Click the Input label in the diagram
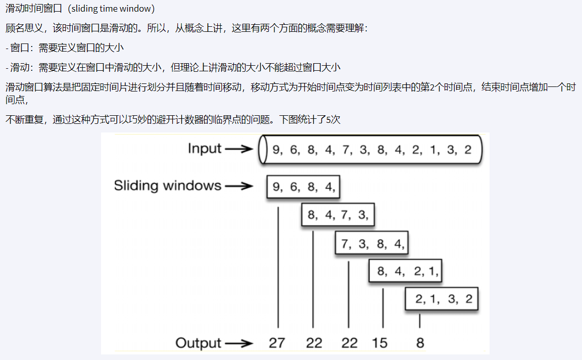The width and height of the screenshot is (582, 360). [x=205, y=148]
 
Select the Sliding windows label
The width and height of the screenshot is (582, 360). [x=167, y=186]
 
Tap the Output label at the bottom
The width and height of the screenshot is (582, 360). [x=198, y=343]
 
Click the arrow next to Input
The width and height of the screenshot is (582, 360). [x=238, y=149]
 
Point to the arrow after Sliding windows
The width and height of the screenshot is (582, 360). [x=238, y=186]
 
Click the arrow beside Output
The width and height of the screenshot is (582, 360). [x=238, y=343]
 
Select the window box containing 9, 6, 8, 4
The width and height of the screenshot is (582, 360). [x=303, y=187]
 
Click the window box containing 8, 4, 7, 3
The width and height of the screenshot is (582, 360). [x=337, y=215]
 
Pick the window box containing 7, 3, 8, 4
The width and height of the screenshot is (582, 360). [x=372, y=244]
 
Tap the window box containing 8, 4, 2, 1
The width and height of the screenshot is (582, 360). [x=406, y=272]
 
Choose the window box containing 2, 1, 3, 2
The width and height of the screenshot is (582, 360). [x=442, y=299]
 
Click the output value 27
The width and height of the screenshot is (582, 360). [x=277, y=343]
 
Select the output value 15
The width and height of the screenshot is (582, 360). [x=379, y=343]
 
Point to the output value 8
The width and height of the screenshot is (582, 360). [x=420, y=343]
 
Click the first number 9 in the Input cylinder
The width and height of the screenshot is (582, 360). [x=276, y=150]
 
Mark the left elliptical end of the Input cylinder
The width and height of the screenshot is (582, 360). [x=262, y=150]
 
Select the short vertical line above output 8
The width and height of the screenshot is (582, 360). [x=419, y=321]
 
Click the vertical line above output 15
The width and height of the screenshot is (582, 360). [x=383, y=308]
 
